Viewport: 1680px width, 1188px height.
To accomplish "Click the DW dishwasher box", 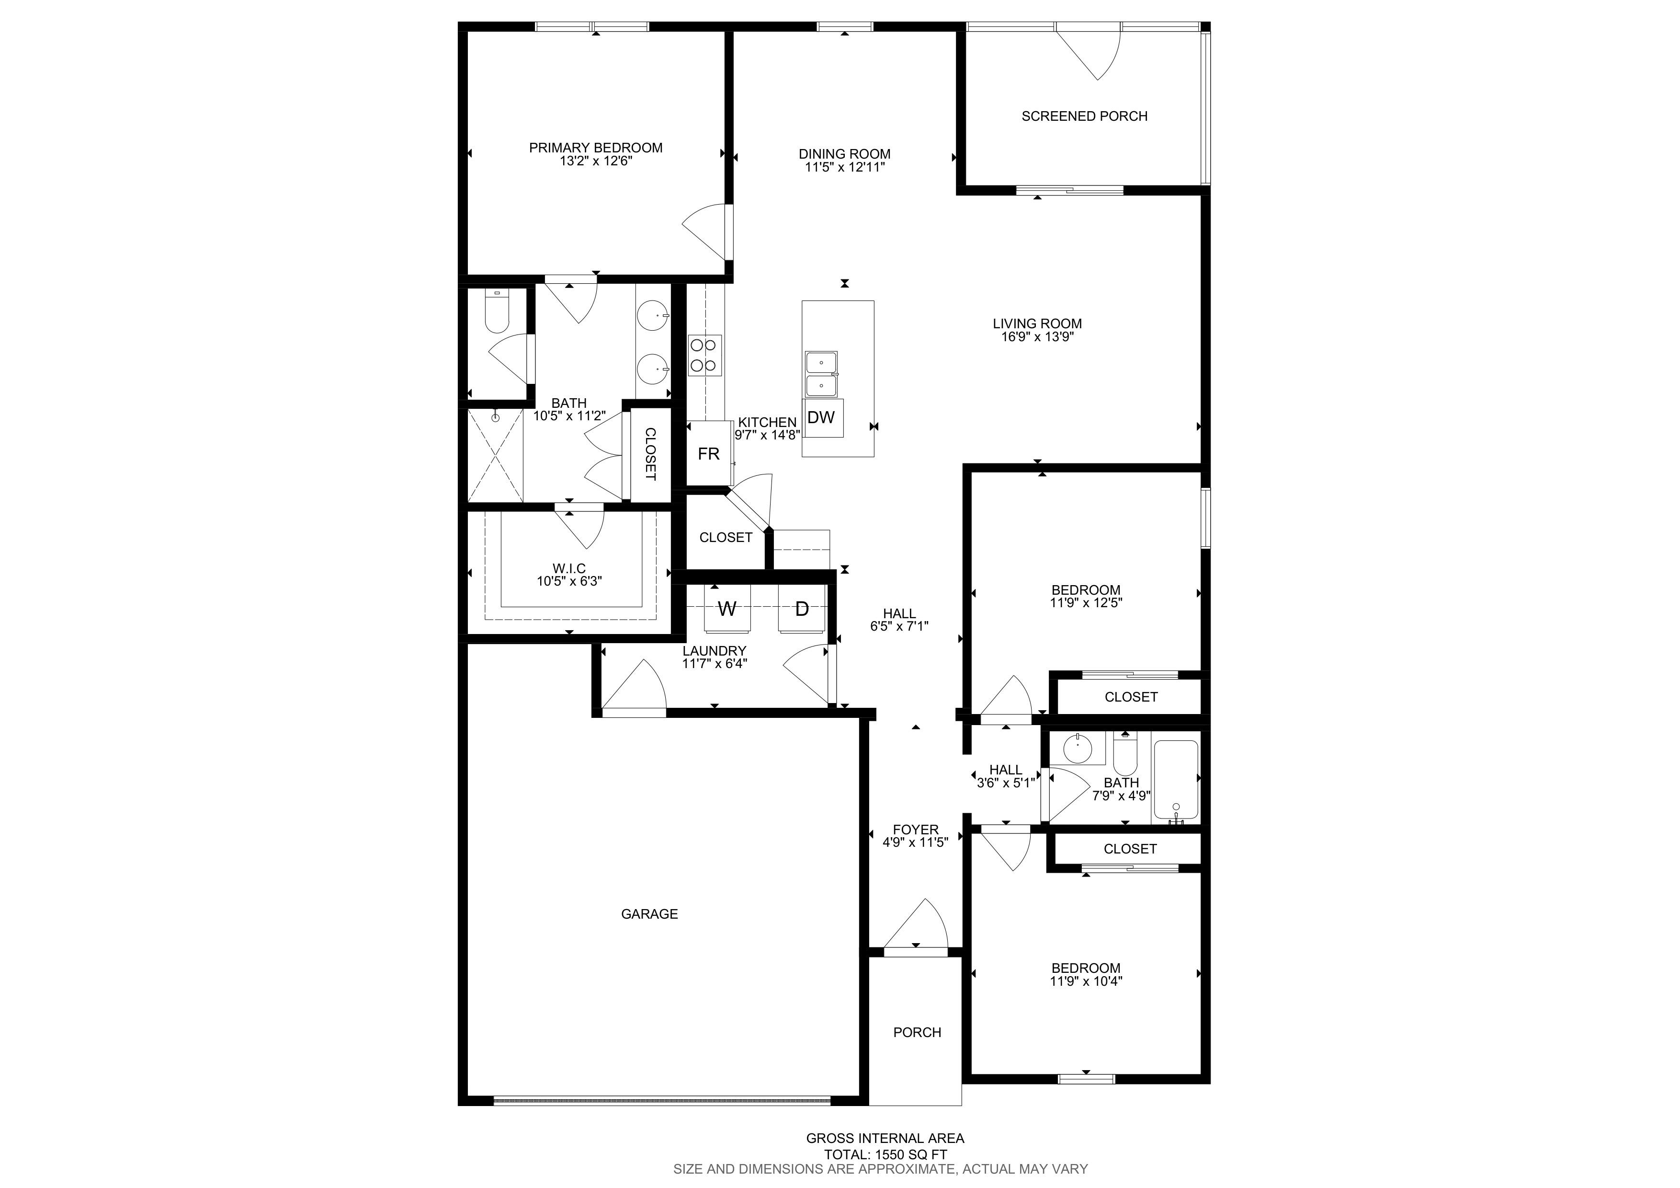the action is coord(822,417).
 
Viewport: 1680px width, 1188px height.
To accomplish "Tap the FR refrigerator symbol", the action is coord(708,454).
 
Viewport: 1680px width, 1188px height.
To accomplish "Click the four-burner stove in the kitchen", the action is coord(704,355).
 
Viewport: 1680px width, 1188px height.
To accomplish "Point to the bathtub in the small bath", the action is coord(1176,780).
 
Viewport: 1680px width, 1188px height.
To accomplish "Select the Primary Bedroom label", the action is coord(596,148).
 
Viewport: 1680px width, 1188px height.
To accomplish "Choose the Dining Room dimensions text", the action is coord(844,167).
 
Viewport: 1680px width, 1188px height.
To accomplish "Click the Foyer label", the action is coord(915,830).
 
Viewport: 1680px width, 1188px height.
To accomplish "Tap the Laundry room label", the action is coord(714,651).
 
